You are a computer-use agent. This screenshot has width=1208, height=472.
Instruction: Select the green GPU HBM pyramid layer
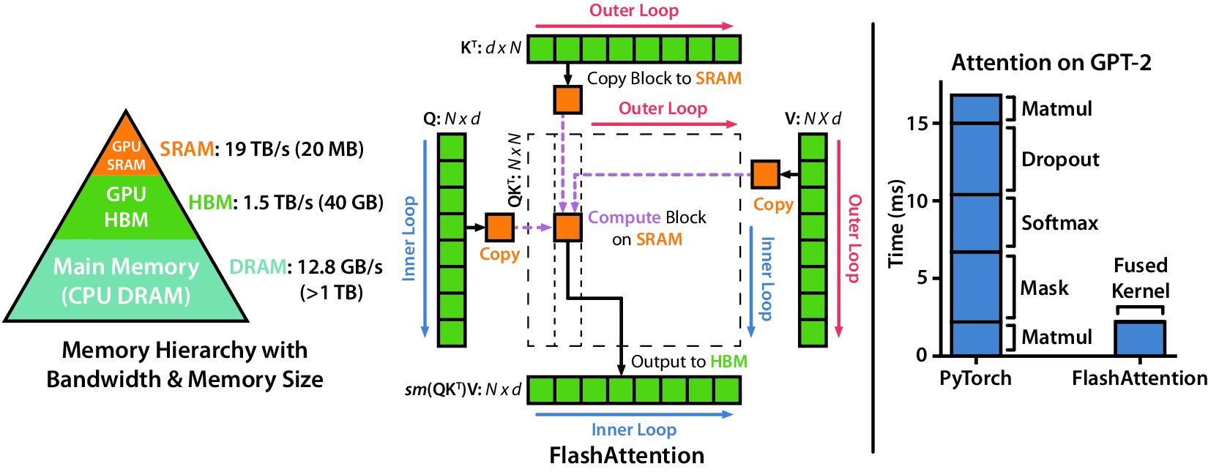pyautogui.click(x=126, y=207)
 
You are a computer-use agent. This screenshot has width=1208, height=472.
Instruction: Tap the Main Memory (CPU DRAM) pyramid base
pyautogui.click(x=126, y=281)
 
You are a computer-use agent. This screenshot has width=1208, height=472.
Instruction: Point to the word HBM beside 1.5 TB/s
pyautogui.click(x=210, y=203)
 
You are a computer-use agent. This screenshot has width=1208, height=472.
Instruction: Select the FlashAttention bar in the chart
pyautogui.click(x=1139, y=338)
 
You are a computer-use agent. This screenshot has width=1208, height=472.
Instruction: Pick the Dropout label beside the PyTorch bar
pyautogui.click(x=1060, y=160)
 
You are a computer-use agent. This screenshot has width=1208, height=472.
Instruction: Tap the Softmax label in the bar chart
pyautogui.click(x=1059, y=223)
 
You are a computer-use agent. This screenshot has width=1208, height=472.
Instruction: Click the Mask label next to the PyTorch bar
pyautogui.click(x=1044, y=288)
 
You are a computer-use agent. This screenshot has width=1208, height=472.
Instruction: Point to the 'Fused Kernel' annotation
pyautogui.click(x=1140, y=278)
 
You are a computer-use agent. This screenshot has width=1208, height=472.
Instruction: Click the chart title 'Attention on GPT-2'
pyautogui.click(x=1051, y=63)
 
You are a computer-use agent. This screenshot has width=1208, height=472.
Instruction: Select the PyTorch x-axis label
pyautogui.click(x=975, y=378)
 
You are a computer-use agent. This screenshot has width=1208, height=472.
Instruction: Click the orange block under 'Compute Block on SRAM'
pyautogui.click(x=567, y=228)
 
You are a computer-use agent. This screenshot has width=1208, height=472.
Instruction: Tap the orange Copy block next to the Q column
pyautogui.click(x=499, y=228)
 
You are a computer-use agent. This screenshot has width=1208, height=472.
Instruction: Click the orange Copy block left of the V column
pyautogui.click(x=765, y=174)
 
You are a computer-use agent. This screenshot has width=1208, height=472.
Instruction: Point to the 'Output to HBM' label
pyautogui.click(x=688, y=362)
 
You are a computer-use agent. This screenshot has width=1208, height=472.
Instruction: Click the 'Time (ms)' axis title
pyautogui.click(x=896, y=223)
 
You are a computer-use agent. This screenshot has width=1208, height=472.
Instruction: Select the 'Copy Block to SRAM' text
pyautogui.click(x=664, y=78)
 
